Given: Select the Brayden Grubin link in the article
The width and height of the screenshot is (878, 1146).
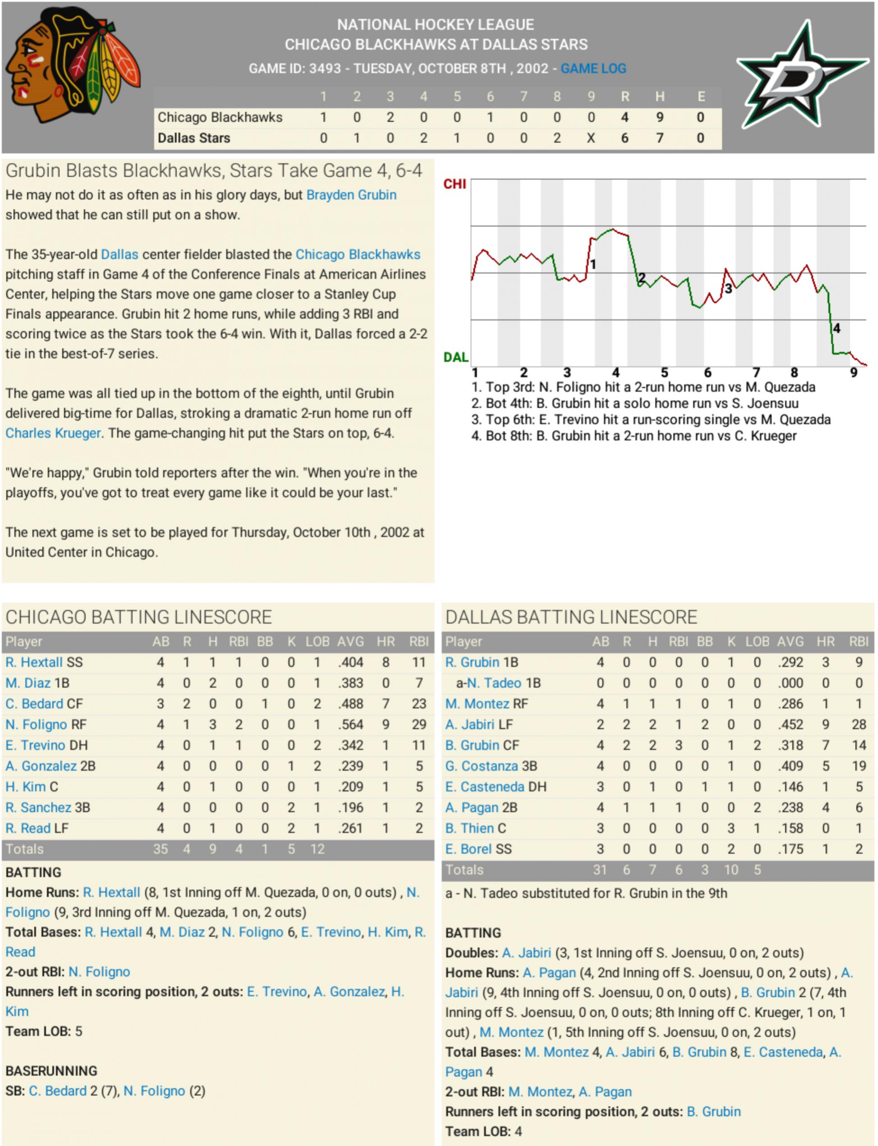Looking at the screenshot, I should point(351,195).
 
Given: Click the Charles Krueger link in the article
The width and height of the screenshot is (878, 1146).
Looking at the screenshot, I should point(53,433).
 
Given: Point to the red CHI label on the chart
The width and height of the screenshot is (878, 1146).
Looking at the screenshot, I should point(454,184).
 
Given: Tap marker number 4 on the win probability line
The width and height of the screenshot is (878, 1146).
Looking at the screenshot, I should point(837,329).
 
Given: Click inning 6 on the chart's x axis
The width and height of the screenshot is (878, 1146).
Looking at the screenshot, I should point(708,373).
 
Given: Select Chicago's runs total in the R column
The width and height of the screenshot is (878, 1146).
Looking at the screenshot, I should point(625,118).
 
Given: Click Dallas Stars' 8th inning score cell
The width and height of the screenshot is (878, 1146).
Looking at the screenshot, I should point(557,139).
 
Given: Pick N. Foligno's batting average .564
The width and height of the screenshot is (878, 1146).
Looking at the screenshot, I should point(350,725).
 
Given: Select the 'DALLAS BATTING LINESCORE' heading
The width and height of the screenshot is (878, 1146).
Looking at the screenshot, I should point(571,617).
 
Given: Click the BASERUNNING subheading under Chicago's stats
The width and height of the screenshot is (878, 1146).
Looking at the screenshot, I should point(51,1071).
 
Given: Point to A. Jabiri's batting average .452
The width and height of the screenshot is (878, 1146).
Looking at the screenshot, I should point(790,725).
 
